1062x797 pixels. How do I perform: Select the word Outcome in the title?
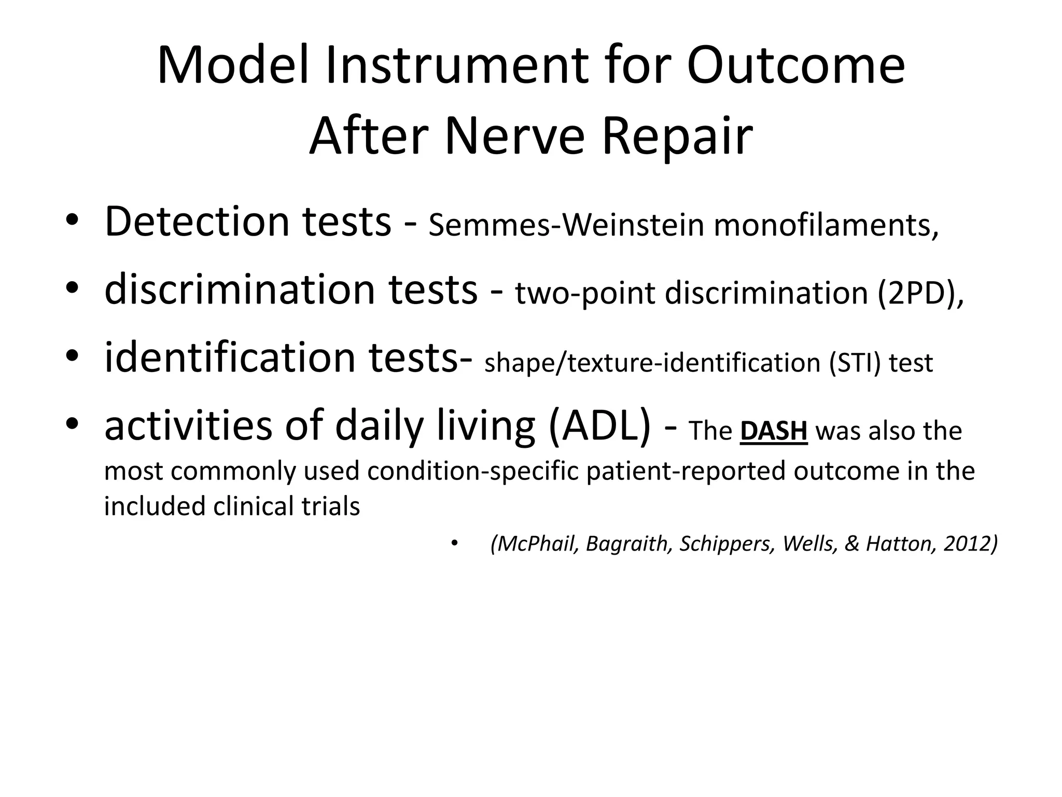[796, 66]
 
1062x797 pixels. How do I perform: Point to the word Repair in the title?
[677, 136]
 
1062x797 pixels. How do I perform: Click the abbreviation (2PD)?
[920, 293]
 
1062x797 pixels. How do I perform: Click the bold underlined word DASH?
[774, 431]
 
